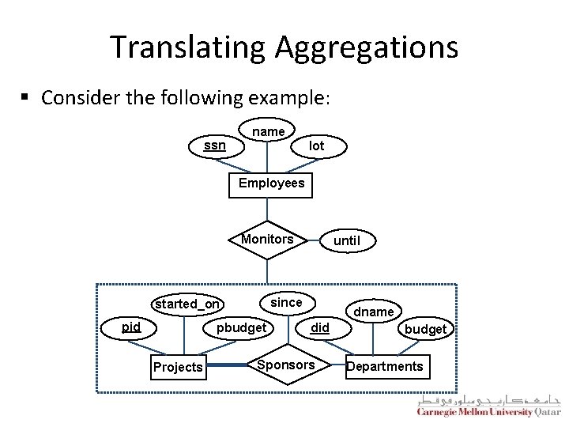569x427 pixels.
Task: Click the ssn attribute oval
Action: click(x=214, y=145)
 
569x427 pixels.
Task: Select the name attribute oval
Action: click(x=268, y=130)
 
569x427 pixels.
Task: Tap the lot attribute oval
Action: click(x=316, y=145)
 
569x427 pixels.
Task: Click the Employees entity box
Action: click(x=270, y=183)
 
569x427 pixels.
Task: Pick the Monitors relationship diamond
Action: click(x=267, y=239)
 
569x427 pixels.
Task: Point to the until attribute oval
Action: click(x=347, y=240)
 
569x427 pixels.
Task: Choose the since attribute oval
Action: click(x=286, y=302)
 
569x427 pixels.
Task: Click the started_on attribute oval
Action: click(x=188, y=304)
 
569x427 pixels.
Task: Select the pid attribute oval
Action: click(x=130, y=327)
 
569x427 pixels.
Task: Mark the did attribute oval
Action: click(x=320, y=327)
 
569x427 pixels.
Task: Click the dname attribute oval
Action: click(x=374, y=312)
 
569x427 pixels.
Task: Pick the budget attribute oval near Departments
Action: click(x=426, y=329)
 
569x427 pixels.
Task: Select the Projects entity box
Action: click(x=178, y=367)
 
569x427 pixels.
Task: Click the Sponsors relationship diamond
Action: click(x=286, y=365)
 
